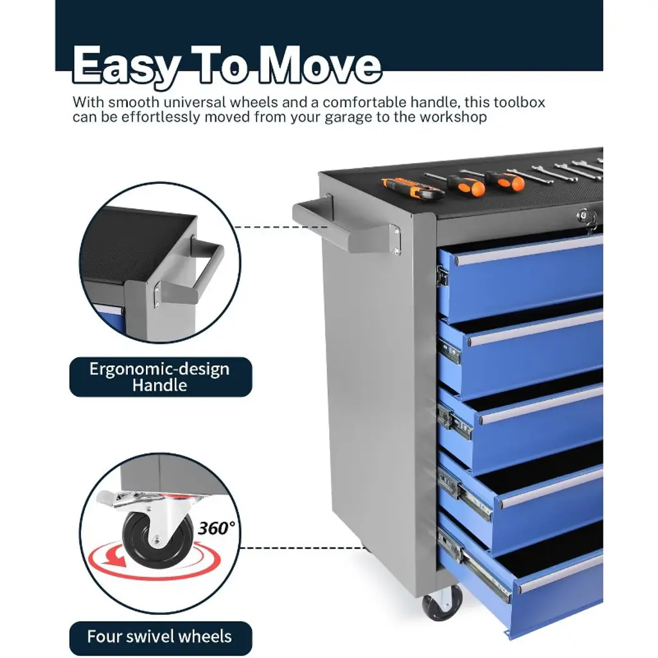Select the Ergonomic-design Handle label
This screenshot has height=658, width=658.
[x=160, y=377]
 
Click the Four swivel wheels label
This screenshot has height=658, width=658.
[x=160, y=637]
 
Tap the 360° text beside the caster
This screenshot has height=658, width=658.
[x=217, y=528]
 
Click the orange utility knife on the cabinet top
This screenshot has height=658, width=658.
[x=413, y=189]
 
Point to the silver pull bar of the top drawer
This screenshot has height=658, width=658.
[x=529, y=251]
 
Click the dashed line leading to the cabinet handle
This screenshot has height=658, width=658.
[x=280, y=227]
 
